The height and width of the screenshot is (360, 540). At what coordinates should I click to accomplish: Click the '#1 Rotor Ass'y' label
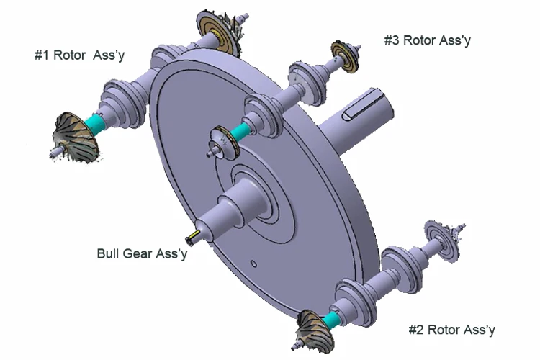pos(79,55)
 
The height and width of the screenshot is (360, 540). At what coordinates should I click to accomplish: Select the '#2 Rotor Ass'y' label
pos(451,330)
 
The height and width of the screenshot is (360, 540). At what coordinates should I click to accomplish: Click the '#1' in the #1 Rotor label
pos(42,55)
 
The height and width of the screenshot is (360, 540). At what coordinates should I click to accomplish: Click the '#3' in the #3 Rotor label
pos(392,40)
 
